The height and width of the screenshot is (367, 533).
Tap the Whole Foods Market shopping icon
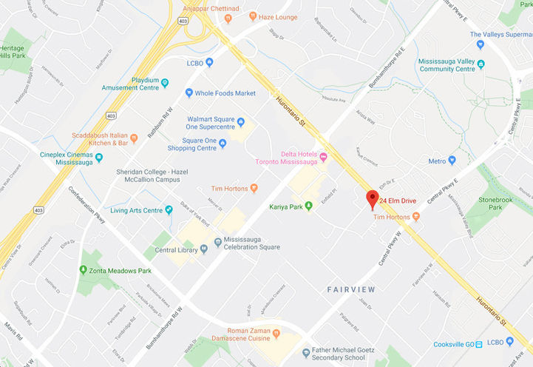(189, 93)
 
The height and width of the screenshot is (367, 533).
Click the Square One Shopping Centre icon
(222, 143)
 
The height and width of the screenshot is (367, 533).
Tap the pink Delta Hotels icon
(323, 156)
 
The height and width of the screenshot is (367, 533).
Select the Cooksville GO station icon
(480, 343)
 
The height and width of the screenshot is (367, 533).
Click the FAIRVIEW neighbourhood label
(351, 289)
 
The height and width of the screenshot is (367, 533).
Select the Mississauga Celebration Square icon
(217, 241)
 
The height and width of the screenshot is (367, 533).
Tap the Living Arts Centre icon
(169, 210)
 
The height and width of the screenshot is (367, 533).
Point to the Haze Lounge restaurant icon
(252, 16)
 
